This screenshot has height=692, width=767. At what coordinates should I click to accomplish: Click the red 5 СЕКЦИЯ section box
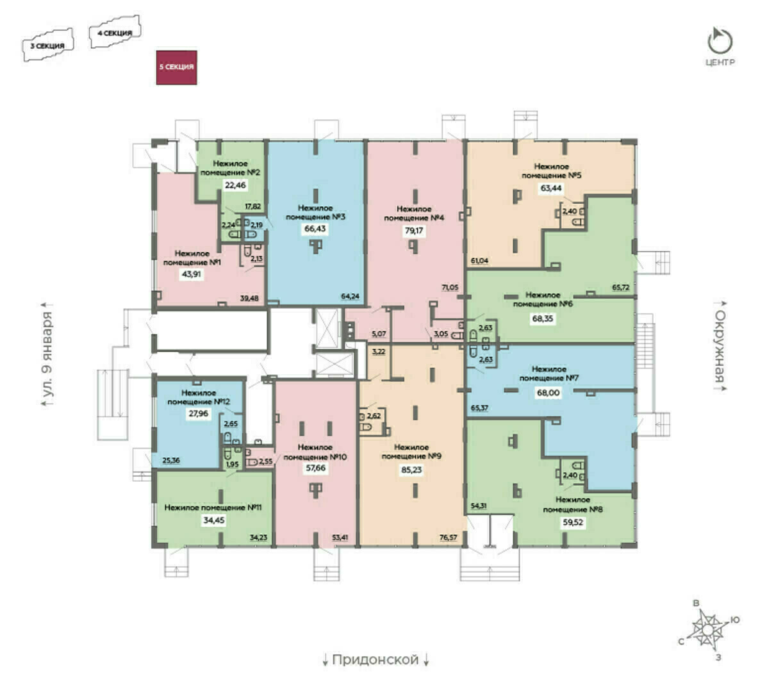(x=176, y=67)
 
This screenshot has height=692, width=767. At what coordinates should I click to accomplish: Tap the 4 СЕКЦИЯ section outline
(x=115, y=33)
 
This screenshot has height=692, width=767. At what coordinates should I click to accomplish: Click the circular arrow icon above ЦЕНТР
(x=720, y=42)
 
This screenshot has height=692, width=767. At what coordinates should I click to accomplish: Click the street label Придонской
(x=375, y=659)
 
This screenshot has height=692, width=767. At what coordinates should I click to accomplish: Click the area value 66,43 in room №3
(x=314, y=228)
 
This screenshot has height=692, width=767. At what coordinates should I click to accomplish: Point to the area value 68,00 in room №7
(x=548, y=393)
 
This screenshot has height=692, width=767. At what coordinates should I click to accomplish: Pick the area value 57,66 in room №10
(x=315, y=468)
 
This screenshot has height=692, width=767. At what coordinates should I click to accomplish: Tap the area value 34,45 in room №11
(x=214, y=520)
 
